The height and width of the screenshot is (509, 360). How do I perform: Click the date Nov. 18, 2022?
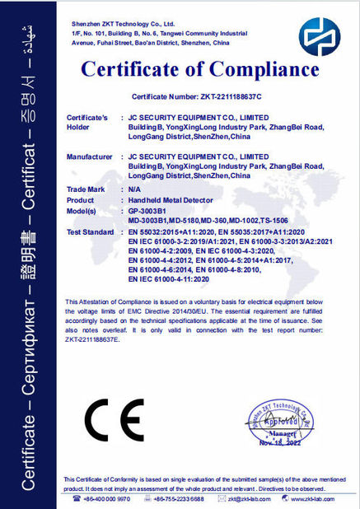coord(281,441)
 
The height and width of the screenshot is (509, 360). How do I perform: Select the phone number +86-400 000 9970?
coord(107,499)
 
